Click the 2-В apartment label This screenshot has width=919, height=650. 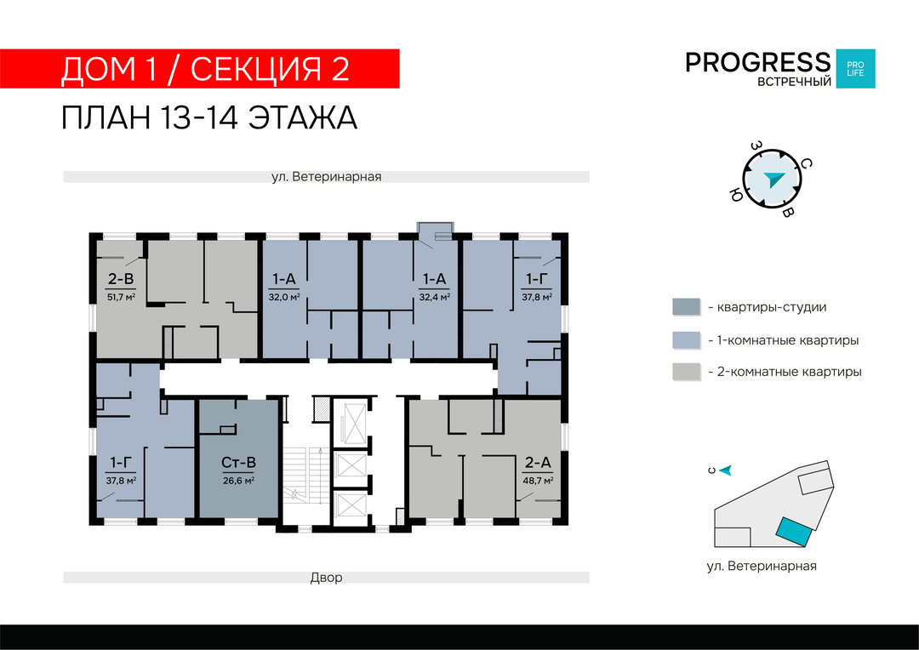click(121, 279)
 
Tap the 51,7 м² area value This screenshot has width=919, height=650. click(121, 297)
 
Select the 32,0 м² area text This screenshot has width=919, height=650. click(284, 297)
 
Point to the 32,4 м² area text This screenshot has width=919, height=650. click(434, 297)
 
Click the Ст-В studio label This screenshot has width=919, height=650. click(238, 463)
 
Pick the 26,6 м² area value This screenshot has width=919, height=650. click(238, 481)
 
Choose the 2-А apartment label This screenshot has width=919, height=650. click(538, 463)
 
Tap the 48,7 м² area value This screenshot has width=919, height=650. click(538, 481)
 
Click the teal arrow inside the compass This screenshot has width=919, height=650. click(773, 179)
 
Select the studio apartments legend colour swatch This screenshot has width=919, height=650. click(686, 307)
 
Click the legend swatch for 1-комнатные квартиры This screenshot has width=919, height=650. click(686, 340)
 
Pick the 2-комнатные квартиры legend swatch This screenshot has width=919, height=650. click(686, 372)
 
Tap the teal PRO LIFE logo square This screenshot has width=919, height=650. click(855, 69)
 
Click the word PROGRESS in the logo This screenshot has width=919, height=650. click(758, 62)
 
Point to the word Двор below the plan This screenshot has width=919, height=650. click(327, 578)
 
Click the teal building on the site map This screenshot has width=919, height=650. click(794, 533)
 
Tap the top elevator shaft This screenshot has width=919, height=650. click(350, 423)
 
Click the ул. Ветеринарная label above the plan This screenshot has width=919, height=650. click(327, 176)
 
